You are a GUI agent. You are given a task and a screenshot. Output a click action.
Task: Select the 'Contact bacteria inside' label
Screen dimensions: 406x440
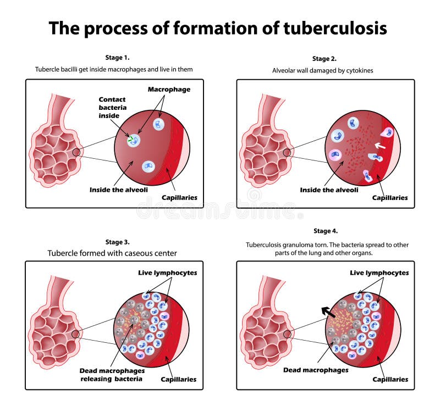tap(112, 107)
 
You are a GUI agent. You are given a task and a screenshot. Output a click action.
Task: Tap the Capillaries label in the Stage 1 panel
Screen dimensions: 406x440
tap(179, 197)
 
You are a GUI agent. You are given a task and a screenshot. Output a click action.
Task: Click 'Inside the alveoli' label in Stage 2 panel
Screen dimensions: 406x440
tap(328, 190)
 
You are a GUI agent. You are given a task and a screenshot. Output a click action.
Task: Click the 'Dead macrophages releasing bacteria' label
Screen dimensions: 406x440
tap(112, 375)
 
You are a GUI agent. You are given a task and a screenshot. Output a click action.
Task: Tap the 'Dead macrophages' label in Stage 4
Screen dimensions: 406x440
tap(316, 370)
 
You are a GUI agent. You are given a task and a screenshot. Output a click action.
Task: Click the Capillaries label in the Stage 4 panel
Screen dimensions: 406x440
tap(390, 379)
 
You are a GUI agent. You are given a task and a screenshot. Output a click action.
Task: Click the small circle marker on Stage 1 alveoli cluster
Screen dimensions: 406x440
tap(76, 152)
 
